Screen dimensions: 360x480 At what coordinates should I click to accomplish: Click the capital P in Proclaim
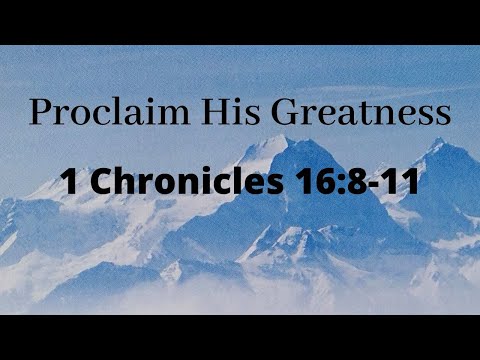pyautogui.click(x=39, y=111)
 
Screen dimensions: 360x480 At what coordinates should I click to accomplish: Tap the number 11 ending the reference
pyautogui.click(x=384, y=183)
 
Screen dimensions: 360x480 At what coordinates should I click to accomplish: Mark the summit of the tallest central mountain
pyautogui.click(x=297, y=140)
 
